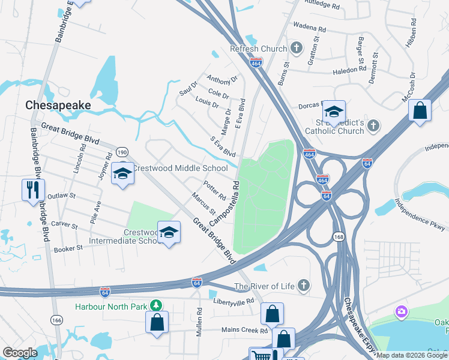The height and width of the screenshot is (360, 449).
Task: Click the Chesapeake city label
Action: (x=58, y=105)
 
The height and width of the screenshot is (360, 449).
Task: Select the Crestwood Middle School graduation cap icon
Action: (x=123, y=173)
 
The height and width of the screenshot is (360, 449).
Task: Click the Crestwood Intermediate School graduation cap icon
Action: (x=169, y=232)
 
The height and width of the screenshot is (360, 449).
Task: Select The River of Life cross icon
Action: (x=304, y=286)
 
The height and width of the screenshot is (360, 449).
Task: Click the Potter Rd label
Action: (x=214, y=191)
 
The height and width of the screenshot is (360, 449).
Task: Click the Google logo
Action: (x=20, y=353)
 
